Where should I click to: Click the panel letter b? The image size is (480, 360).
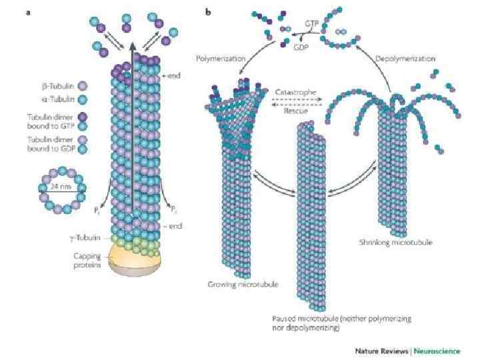(x=209, y=12)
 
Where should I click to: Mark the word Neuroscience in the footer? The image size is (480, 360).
(x=441, y=350)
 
